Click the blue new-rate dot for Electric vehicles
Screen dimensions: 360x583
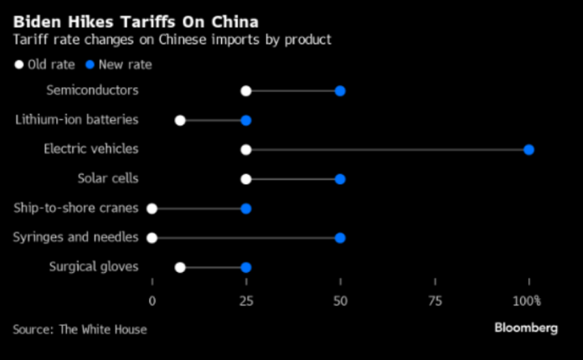tap(529, 150)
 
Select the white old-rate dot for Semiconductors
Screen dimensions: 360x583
tap(245, 90)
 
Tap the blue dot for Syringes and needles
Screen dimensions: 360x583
tap(340, 238)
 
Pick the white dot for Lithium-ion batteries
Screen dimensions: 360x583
tap(180, 120)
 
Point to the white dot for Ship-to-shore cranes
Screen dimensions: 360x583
tap(152, 208)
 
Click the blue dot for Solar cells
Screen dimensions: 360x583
tap(340, 179)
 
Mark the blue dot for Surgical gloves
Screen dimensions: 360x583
tap(245, 267)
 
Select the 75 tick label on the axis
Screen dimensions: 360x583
tap(434, 301)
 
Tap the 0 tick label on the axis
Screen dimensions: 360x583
tap(152, 301)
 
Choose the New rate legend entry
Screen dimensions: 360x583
tap(119, 64)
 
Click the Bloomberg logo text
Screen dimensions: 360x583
tap(524, 328)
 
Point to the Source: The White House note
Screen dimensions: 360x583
tap(80, 329)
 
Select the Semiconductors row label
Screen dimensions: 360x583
tap(92, 90)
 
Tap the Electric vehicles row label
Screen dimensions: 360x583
tap(90, 149)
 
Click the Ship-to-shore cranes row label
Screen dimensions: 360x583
tap(76, 208)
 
